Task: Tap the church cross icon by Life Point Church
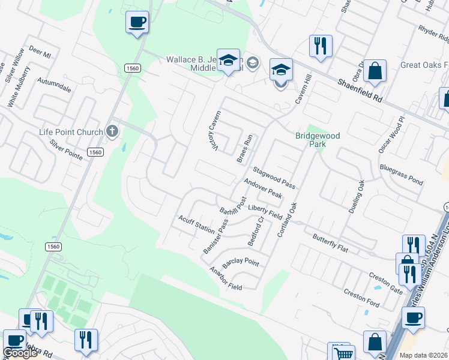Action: (112, 131)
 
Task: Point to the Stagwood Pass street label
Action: (274, 178)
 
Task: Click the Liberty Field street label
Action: (265, 211)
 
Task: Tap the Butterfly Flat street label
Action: (330, 241)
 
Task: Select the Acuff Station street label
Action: (196, 225)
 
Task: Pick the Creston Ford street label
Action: (361, 298)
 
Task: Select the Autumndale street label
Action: (54, 85)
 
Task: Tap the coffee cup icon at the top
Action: (137, 23)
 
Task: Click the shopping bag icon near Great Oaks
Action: (375, 71)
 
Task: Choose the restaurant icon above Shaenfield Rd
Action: (321, 45)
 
